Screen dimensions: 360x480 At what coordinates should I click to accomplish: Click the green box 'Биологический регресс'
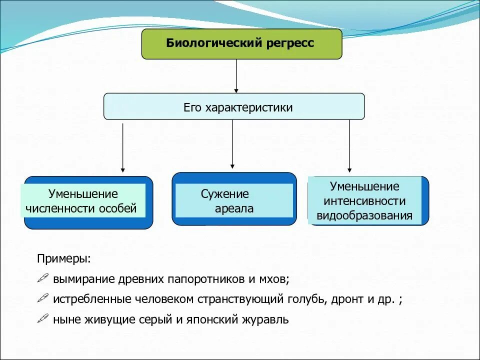tap(242, 44)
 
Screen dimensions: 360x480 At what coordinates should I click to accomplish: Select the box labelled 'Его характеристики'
tap(234, 106)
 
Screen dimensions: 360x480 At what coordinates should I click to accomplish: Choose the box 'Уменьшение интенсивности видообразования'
tap(367, 201)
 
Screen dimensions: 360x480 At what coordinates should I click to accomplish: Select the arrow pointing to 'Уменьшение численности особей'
tap(123, 147)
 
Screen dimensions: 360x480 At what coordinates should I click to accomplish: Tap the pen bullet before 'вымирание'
tap(43, 278)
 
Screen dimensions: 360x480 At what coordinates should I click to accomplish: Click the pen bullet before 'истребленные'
tap(43, 299)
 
